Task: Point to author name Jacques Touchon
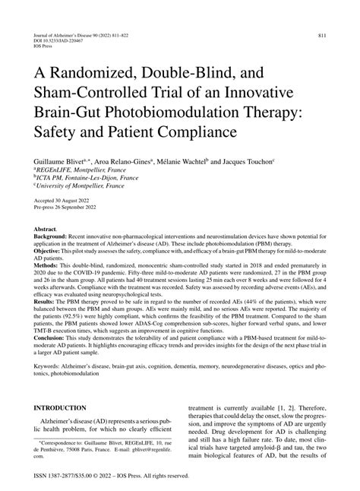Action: [x=247, y=163]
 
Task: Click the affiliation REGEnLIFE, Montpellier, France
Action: [x=83, y=173]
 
